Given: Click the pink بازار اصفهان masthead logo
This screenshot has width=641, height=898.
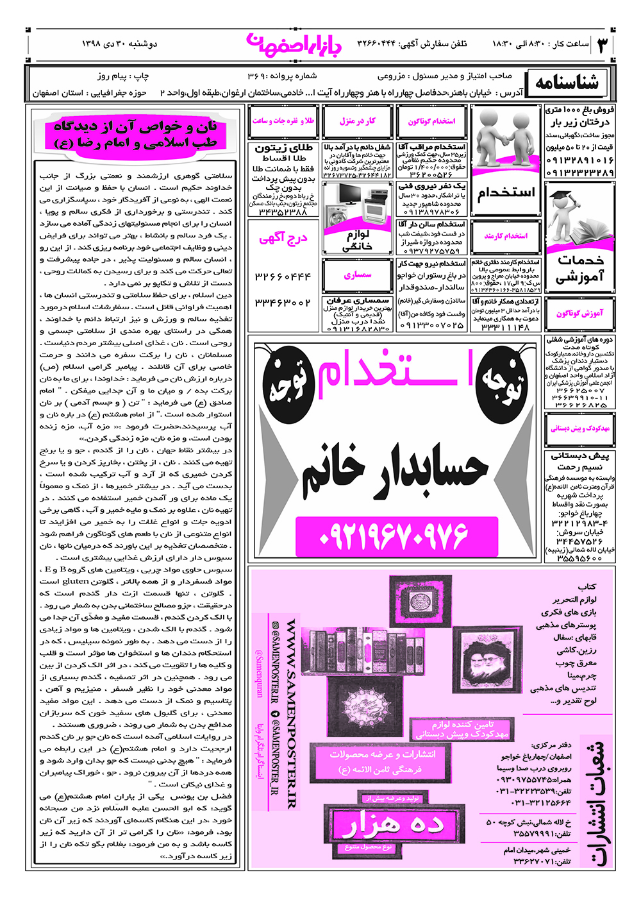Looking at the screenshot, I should point(294,44).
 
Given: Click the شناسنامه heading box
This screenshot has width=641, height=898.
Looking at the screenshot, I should point(567,83).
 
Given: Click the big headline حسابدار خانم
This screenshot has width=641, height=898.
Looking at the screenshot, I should point(395,472).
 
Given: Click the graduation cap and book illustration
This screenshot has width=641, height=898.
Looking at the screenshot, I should point(580,218).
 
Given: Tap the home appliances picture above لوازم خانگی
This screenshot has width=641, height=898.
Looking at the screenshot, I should point(357,206).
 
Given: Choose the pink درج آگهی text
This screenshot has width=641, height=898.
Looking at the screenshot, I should point(283,239).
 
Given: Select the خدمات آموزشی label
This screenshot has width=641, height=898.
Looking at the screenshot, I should point(580,269).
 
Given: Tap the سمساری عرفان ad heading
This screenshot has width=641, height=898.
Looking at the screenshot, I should point(358,300).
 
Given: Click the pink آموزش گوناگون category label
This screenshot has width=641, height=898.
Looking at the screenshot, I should point(579,314).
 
